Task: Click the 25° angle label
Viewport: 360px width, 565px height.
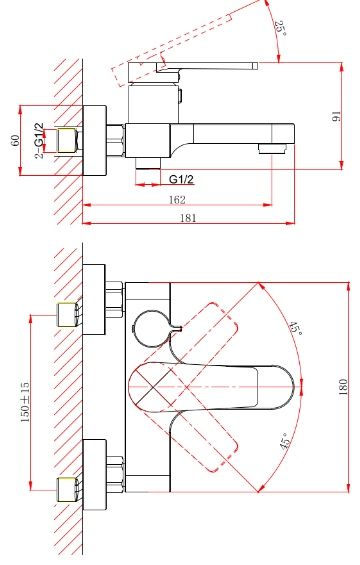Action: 280,29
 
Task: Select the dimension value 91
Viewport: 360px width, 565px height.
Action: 335,116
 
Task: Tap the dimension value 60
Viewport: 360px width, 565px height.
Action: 15,140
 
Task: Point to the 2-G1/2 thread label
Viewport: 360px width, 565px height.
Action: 39,141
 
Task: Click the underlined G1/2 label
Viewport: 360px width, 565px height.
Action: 181,179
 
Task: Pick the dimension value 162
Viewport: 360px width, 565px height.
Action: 177,200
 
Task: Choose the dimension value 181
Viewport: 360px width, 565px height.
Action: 188,218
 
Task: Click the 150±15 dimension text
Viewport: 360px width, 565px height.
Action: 25,402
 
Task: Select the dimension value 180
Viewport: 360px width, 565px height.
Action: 343,387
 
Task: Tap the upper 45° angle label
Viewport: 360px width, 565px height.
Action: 295,328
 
